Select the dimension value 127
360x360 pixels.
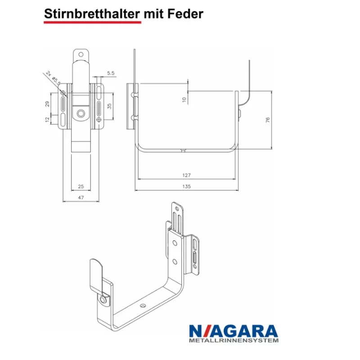coord(187,175)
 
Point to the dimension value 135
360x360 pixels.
coord(187,186)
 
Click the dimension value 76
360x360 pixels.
coord(267,120)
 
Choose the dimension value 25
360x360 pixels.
coord(81,186)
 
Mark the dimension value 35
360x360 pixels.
coord(109,107)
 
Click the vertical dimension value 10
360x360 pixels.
coord(184,100)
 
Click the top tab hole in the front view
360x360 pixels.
coord(81,54)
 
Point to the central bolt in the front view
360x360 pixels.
coord(81,113)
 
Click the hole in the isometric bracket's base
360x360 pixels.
coord(143,306)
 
